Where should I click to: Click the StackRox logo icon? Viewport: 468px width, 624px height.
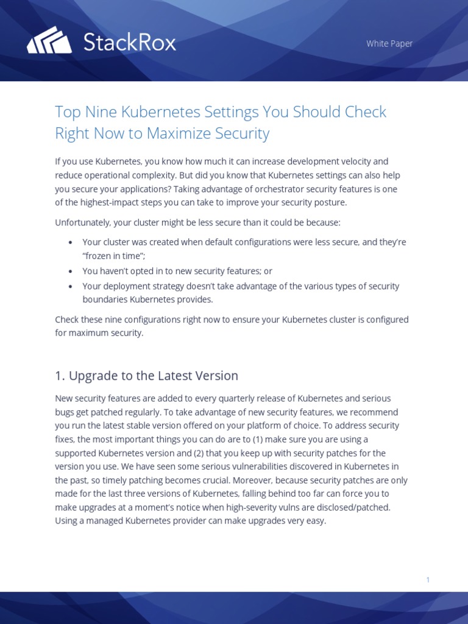click(49, 41)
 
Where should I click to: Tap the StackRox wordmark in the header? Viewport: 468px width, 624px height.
click(129, 42)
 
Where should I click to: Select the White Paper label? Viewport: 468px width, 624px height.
click(389, 43)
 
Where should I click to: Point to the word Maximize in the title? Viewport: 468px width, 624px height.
click(175, 133)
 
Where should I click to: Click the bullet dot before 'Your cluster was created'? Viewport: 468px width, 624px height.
click(71, 243)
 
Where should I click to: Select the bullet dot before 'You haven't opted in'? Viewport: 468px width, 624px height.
click(71, 272)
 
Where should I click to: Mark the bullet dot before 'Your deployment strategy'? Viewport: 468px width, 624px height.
click(71, 286)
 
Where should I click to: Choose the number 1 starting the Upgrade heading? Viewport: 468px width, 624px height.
click(58, 376)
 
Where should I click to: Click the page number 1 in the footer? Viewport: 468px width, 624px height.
click(428, 580)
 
